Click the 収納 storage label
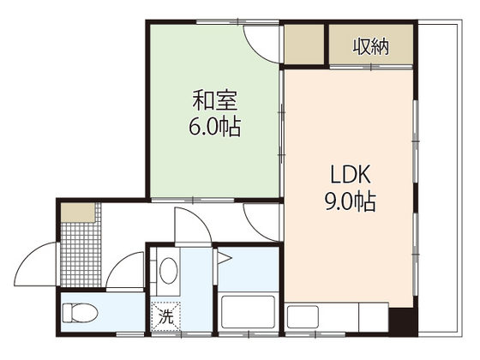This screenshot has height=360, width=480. tap(370, 46)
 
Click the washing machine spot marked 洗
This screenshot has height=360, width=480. tap(166, 315)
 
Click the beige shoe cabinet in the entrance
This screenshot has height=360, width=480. tap(78, 211)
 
